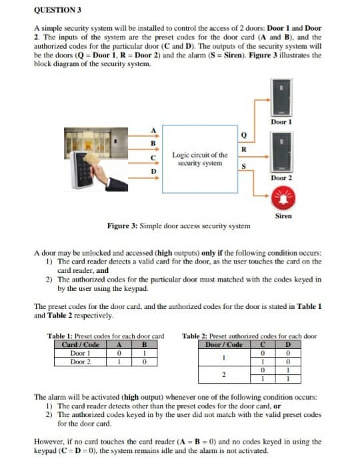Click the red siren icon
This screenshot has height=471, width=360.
[x=283, y=198]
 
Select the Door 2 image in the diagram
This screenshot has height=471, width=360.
[x=283, y=151]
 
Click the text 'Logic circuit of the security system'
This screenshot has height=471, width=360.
[x=199, y=159]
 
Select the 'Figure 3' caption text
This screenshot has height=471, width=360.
[x=179, y=226]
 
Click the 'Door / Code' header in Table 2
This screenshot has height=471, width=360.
[x=224, y=344]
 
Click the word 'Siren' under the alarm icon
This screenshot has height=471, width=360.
[x=283, y=216]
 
